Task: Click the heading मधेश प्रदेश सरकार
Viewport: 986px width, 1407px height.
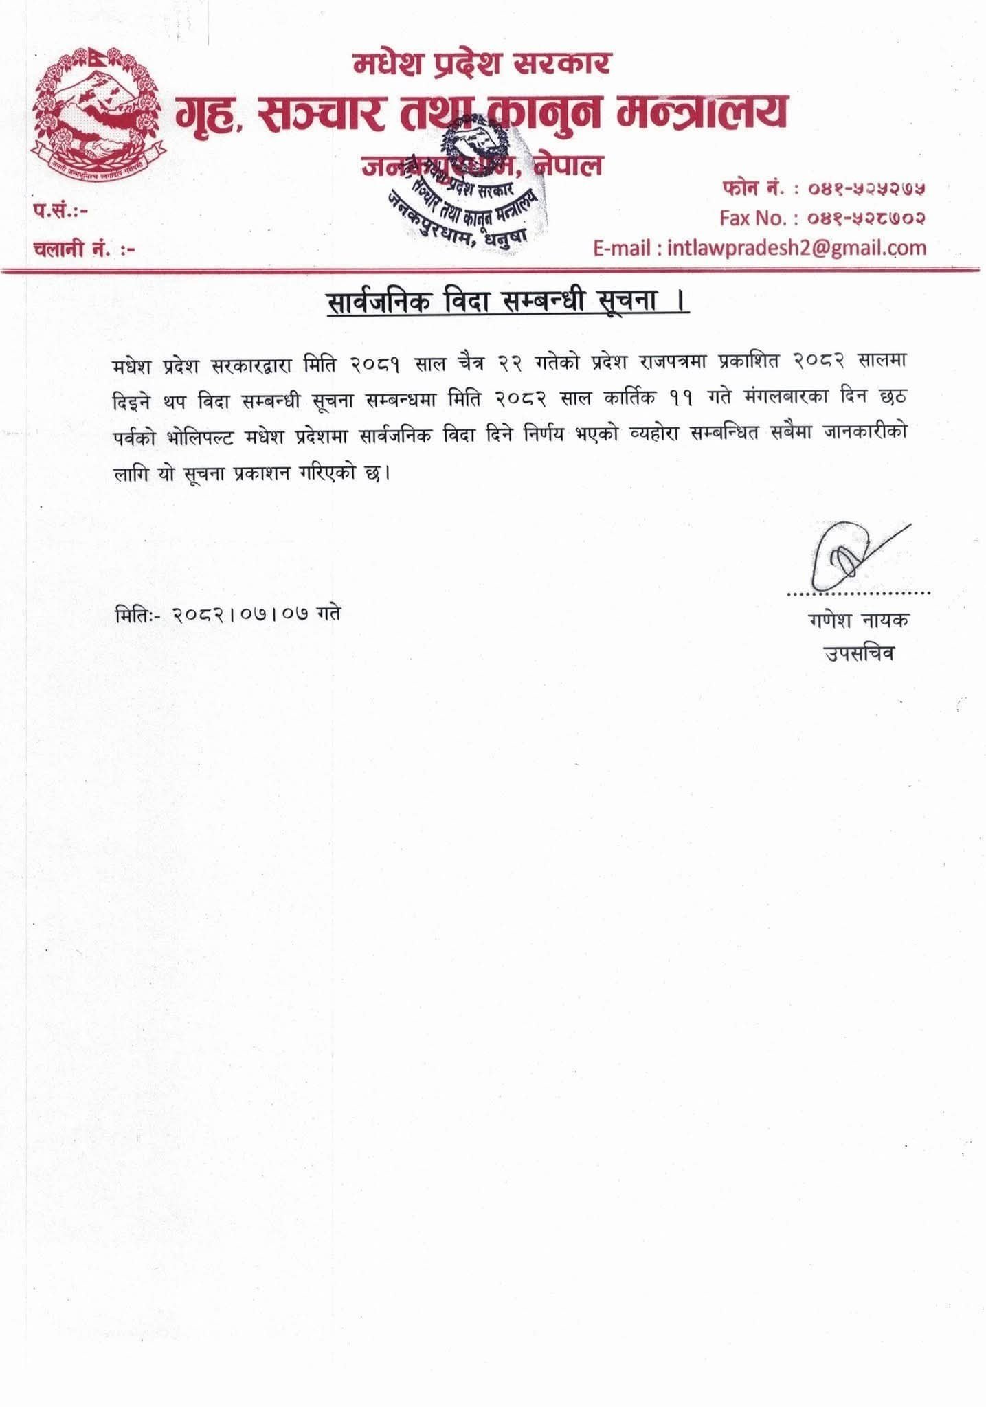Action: point(482,64)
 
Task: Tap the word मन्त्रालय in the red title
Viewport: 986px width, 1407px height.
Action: point(701,112)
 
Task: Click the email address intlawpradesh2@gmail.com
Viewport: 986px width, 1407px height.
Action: point(797,247)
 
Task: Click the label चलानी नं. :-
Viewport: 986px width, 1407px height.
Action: point(83,248)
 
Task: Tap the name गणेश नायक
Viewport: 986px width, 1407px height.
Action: point(859,620)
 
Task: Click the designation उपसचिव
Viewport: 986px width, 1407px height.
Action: point(859,653)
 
